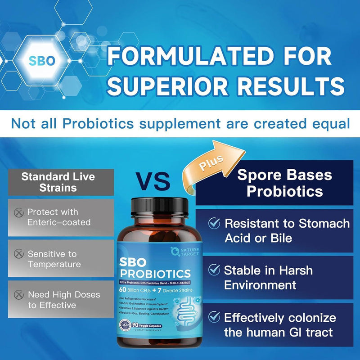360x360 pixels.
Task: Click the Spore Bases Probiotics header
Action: pyautogui.click(x=284, y=183)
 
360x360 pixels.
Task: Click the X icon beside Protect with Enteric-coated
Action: pyautogui.click(x=18, y=211)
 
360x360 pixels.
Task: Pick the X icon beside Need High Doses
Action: pyautogui.click(x=18, y=295)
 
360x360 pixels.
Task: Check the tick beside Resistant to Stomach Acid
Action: pyautogui.click(x=214, y=223)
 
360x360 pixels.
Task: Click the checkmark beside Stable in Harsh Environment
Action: pyautogui.click(x=214, y=270)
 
